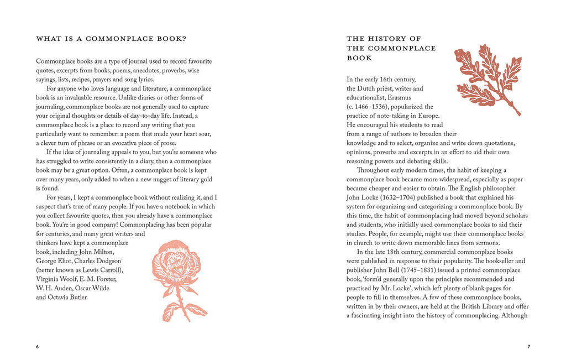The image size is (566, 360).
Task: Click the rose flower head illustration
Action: (x=176, y=263)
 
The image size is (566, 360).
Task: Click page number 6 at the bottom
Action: (x=38, y=347)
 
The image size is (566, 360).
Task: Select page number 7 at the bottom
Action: (x=528, y=347)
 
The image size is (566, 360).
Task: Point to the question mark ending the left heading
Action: (x=184, y=39)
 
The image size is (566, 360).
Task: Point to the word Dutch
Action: (x=368, y=88)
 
